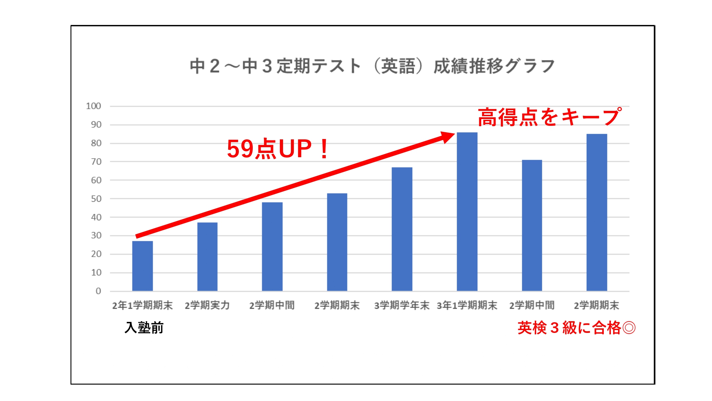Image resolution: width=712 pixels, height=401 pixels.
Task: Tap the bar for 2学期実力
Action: pos(207,257)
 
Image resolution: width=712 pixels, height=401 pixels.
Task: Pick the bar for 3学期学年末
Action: pos(402,229)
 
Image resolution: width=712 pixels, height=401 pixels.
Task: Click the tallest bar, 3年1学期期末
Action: pos(467,212)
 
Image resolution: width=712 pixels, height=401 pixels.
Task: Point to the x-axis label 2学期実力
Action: pos(207,305)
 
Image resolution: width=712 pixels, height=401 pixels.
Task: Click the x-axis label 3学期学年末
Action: pos(402,305)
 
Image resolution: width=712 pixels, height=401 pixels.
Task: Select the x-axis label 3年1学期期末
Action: pos(467,305)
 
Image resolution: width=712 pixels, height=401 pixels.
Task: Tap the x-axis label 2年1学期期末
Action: pos(142,305)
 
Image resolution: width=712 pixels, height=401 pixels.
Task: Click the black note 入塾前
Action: pos(144,328)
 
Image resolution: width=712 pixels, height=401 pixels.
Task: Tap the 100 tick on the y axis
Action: pos(93,106)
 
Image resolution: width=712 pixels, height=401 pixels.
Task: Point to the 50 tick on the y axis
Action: pos(96,199)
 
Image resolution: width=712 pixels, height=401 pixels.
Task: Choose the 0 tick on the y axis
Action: pos(98,291)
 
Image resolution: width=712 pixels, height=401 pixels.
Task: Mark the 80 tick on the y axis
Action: pos(96,143)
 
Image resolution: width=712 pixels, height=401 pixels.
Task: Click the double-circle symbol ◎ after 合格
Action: pos(629,328)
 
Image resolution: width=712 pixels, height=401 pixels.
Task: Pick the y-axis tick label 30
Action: pos(96,236)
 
